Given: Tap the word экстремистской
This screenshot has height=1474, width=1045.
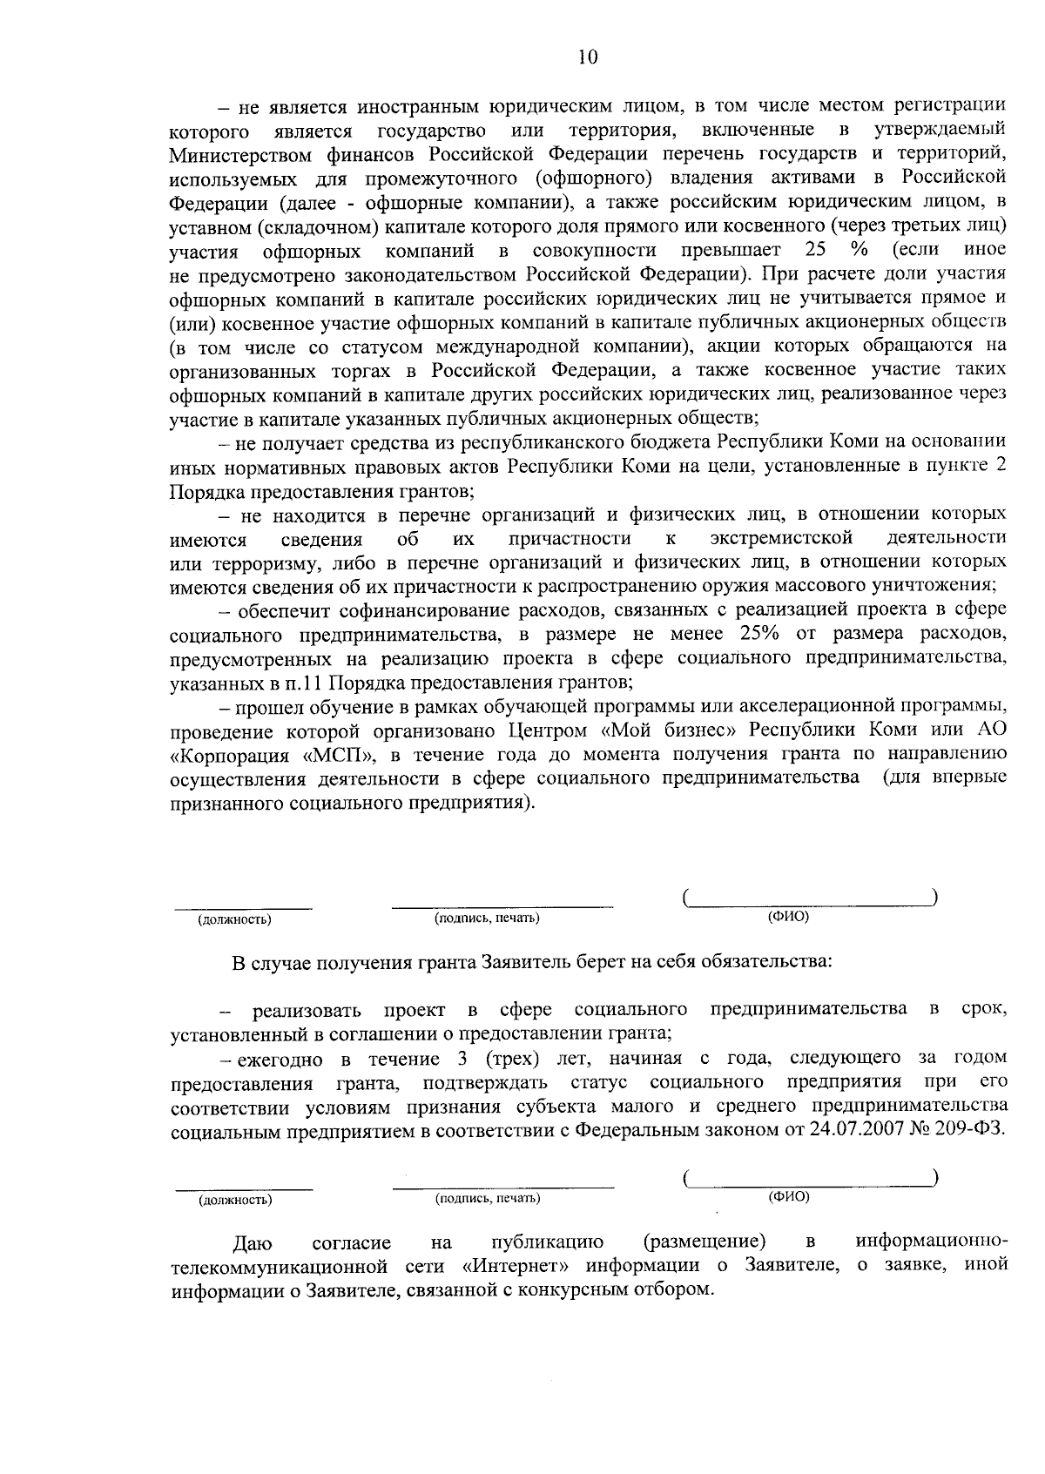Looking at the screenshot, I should coord(780,537).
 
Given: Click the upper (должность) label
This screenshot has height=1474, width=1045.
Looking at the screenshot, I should coord(234,919).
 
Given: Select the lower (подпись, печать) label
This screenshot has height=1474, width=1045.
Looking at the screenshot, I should coord(488,1198).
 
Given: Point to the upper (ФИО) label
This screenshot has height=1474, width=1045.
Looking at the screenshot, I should coord(788,917).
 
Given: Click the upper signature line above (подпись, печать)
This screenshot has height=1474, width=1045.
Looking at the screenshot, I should coord(502,907).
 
